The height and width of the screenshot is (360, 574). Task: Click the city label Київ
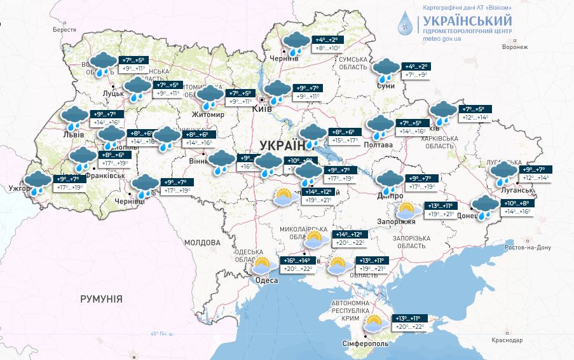(x=263, y=109)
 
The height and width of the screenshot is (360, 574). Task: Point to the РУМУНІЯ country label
(x=101, y=298)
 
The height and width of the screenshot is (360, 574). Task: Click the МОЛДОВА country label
(x=202, y=243)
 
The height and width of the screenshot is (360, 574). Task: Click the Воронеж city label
(x=514, y=47)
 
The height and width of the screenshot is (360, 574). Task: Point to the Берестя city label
(x=64, y=30)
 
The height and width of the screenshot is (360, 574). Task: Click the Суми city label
(x=386, y=85)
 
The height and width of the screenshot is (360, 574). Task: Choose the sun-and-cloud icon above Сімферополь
(x=374, y=324)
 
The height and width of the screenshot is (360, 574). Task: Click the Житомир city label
(x=208, y=114)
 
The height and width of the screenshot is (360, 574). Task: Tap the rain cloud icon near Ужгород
(x=38, y=181)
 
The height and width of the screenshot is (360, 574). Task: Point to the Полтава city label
(x=379, y=144)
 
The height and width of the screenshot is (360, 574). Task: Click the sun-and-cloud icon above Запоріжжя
(x=407, y=210)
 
